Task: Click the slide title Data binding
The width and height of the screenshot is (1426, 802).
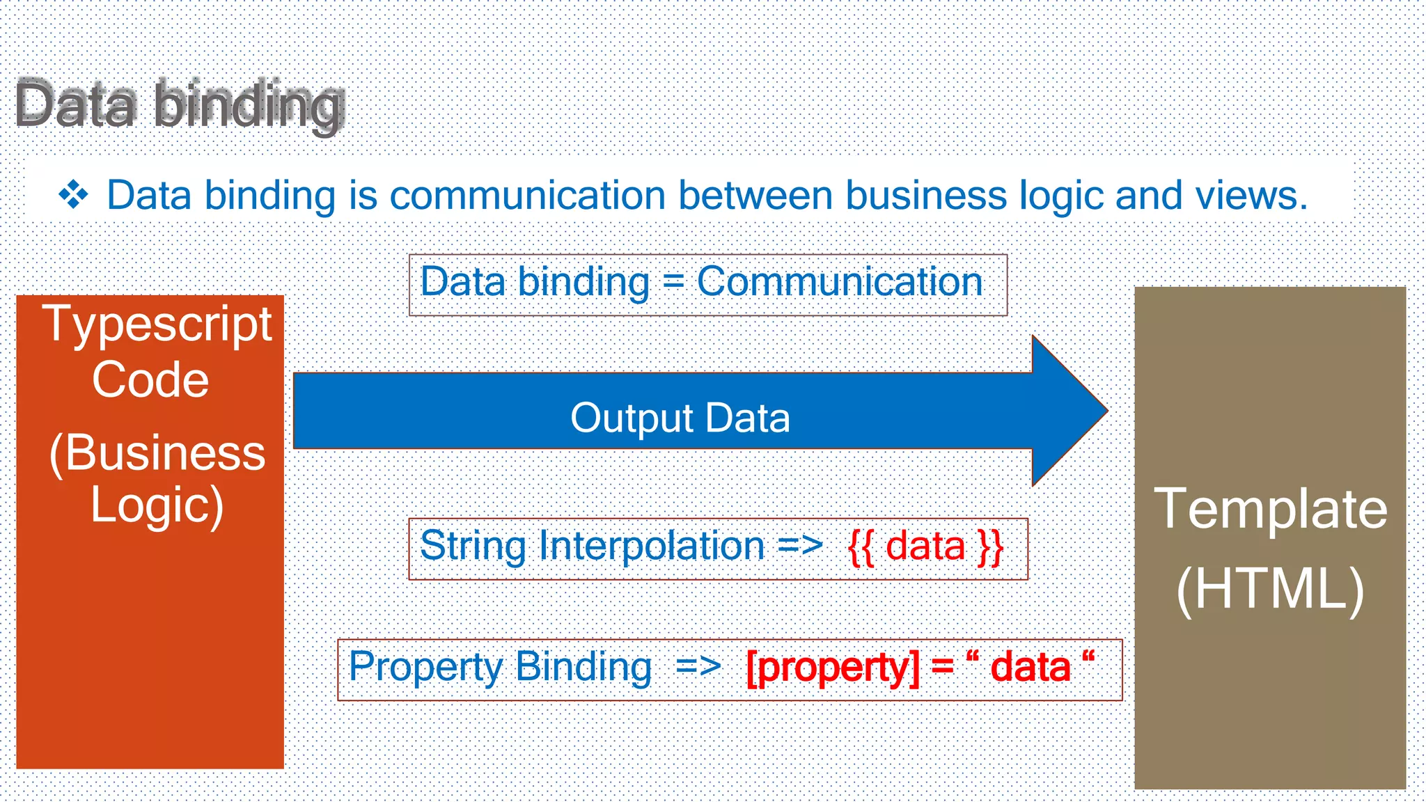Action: click(180, 104)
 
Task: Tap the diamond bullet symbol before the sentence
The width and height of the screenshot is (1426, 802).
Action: click(73, 195)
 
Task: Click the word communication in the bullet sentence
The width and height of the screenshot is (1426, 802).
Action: click(527, 195)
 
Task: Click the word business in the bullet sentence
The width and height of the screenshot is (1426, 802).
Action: click(925, 195)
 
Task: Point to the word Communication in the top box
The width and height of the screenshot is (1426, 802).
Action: click(840, 282)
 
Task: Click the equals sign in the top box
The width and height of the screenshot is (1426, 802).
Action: click(673, 283)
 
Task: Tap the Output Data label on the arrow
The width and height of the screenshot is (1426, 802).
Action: click(680, 418)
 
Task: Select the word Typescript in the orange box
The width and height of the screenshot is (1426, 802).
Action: click(157, 325)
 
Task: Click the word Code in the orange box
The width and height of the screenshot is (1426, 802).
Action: click(150, 380)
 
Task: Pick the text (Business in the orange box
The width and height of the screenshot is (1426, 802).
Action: click(157, 453)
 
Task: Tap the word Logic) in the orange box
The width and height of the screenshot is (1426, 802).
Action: click(157, 505)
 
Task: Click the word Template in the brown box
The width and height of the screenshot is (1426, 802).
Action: click(1270, 509)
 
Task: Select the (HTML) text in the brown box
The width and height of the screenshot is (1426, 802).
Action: click(1270, 589)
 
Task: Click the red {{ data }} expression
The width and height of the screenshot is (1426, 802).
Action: click(925, 547)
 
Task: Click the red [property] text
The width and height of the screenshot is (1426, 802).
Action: click(832, 668)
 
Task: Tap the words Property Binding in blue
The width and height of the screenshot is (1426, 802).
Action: click(500, 667)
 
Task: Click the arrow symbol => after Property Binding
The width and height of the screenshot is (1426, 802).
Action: click(698, 667)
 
